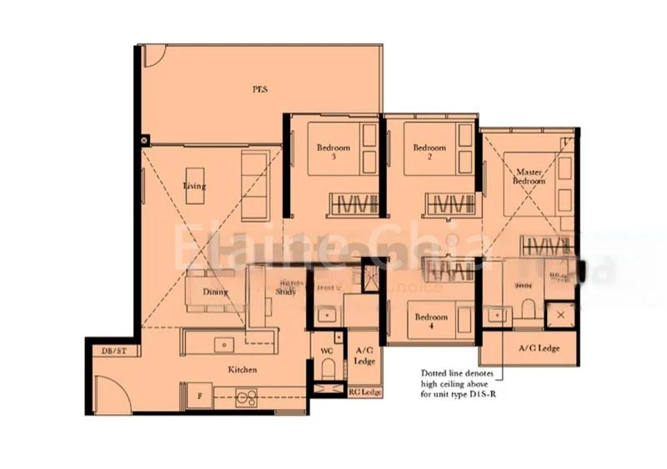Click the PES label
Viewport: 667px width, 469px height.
point(260,88)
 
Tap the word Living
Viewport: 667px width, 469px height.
point(194,186)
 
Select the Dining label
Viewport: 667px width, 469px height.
point(215,292)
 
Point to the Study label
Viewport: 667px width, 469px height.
point(284,291)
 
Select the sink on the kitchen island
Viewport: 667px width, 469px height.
point(223,343)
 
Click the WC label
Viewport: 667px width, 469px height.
point(326,350)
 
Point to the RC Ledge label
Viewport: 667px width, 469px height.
point(364,392)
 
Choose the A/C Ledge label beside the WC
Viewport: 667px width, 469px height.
point(364,356)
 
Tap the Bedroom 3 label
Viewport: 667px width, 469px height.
point(333,152)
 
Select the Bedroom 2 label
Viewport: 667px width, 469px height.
point(429,152)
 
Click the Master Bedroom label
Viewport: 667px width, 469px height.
point(529,176)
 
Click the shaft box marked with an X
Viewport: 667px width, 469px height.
point(559,315)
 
